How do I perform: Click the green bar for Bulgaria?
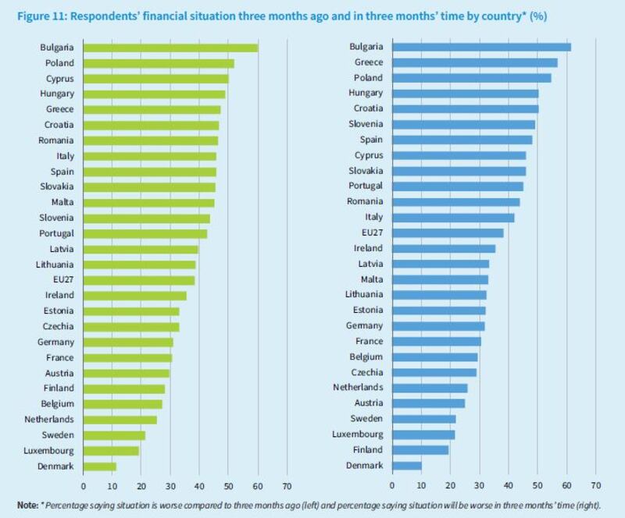pos(170,48)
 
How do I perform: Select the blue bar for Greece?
pos(474,62)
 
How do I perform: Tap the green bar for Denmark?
pos(99,466)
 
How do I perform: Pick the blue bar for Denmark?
pos(406,465)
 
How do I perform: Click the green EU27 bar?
pos(138,279)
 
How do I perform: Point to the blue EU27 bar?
pos(447,232)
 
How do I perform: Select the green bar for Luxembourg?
pos(111,450)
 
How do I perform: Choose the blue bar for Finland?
pos(420,449)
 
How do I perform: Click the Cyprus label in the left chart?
pos(59,78)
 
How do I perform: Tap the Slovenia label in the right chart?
pos(366,124)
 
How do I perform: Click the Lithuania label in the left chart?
pos(55,264)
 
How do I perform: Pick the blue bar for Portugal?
pos(457,186)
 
